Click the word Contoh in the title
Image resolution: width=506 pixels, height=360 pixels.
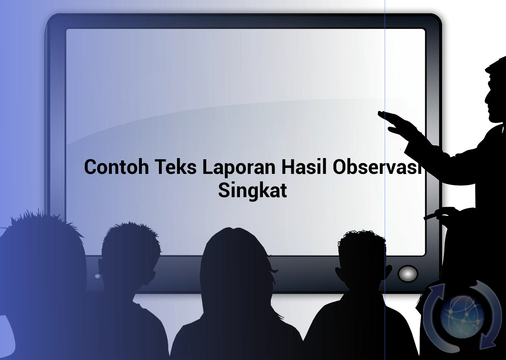coord(117,167)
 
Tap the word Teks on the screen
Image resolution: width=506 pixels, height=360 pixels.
coord(176,167)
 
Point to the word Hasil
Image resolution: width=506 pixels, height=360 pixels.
coord(304,167)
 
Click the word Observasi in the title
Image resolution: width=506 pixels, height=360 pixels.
coord(378,167)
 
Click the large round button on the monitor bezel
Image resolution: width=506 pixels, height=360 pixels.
coord(408,274)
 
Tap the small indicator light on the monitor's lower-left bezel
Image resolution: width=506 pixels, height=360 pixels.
coord(97,276)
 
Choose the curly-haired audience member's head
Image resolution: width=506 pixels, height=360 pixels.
coord(363,260)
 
